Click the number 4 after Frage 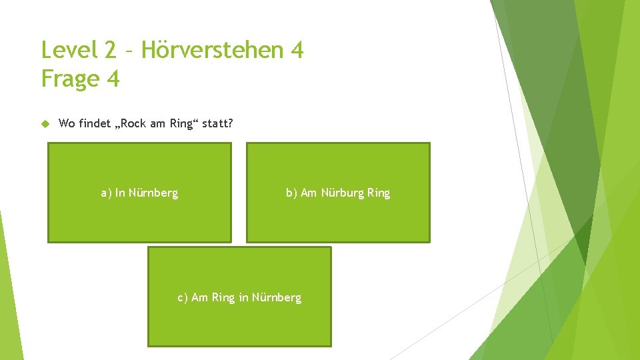[x=113, y=79]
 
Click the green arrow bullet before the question [x=45, y=123]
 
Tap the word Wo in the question [x=67, y=123]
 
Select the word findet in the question [x=95, y=123]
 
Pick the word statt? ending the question [x=217, y=123]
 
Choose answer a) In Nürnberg [x=139, y=193]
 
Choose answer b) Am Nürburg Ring [x=338, y=193]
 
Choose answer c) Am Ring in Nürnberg [x=239, y=297]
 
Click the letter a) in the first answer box [x=106, y=193]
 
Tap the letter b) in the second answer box [x=291, y=193]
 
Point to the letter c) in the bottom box [x=183, y=298]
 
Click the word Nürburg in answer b [x=343, y=193]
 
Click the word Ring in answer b [x=379, y=193]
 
